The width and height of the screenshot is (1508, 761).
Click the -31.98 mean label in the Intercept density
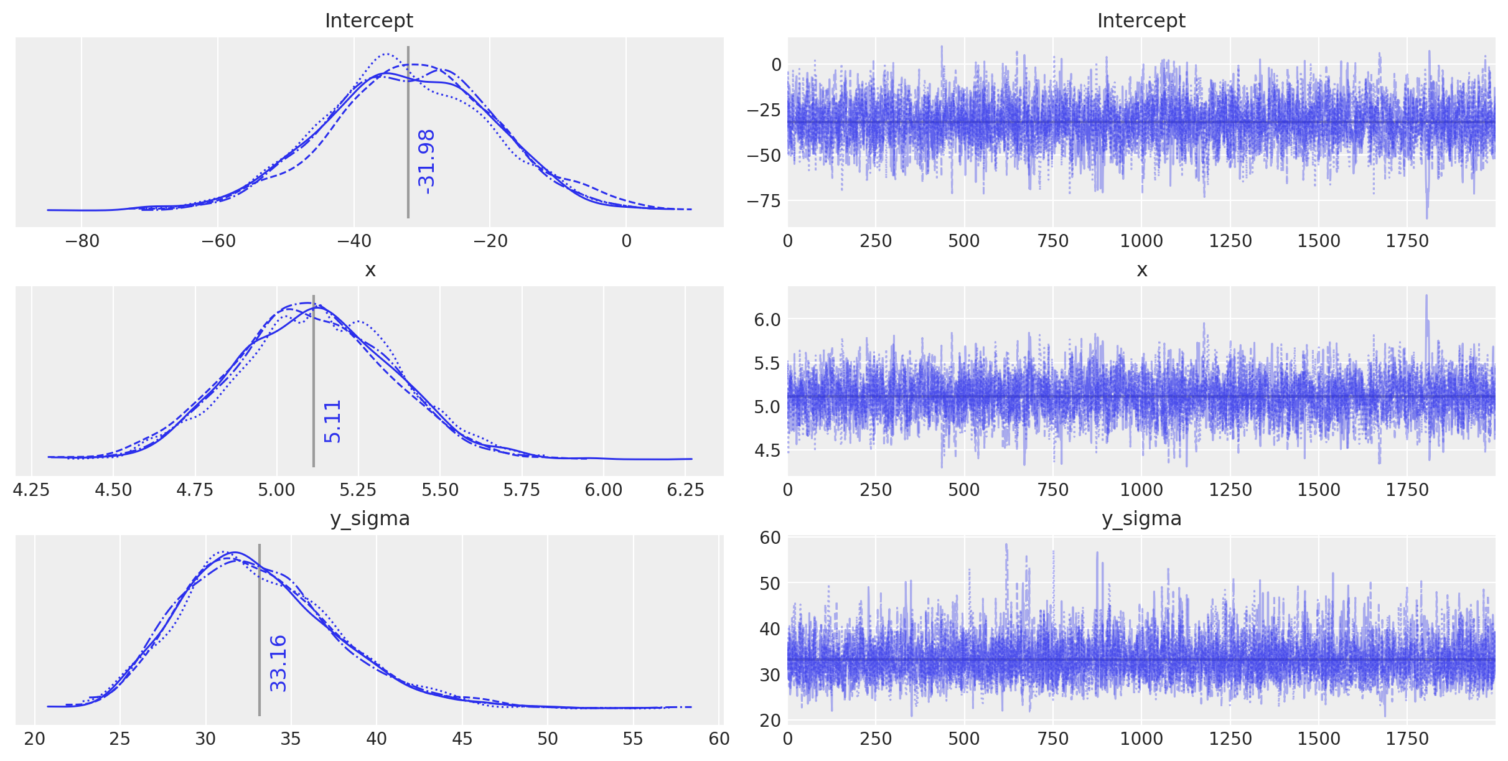coord(427,162)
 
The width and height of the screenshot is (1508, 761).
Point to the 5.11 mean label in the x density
coord(333,421)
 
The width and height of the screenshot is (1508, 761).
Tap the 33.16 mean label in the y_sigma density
coord(278,663)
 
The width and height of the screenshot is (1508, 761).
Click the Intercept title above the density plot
coord(368,21)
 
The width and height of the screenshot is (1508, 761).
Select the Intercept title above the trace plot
coord(1141,21)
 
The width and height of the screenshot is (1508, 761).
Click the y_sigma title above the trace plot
coord(1141,518)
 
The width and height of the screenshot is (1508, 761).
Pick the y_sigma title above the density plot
coord(370,518)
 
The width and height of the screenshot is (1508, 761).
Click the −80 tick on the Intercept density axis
coord(81,241)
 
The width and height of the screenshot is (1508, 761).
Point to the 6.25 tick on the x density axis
coord(685,490)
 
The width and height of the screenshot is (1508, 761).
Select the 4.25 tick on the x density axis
coord(32,490)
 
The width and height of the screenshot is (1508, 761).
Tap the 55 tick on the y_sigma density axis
coord(633,739)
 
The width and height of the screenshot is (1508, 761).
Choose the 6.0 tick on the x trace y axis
coord(767,320)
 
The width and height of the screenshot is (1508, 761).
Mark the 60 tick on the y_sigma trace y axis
coord(770,537)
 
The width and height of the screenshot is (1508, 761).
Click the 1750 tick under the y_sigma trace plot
coord(1407,739)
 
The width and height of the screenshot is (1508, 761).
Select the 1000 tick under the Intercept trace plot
coord(1141,241)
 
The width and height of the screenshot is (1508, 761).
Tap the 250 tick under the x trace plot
coord(876,490)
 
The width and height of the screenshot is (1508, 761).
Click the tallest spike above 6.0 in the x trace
coord(1426,297)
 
